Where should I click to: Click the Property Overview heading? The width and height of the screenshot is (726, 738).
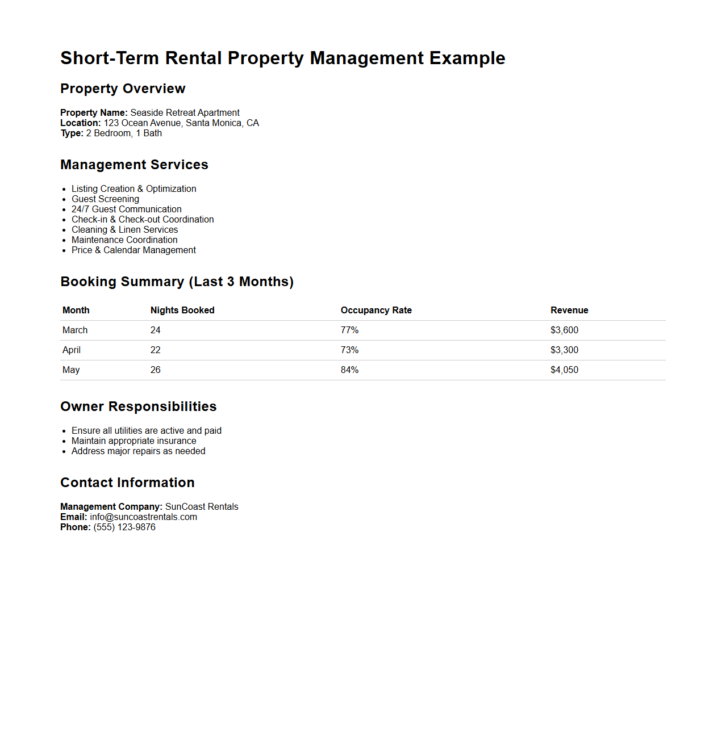click(x=123, y=89)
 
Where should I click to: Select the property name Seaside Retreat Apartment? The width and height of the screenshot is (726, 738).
click(x=185, y=112)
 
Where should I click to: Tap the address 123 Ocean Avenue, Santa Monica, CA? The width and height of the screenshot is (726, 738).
click(x=181, y=123)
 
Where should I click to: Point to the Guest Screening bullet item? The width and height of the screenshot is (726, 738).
click(x=105, y=199)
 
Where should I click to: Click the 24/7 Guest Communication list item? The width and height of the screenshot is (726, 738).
click(x=126, y=209)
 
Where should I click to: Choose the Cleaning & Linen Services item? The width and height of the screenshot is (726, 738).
click(x=124, y=229)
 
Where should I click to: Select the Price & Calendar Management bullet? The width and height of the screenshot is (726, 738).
click(x=133, y=250)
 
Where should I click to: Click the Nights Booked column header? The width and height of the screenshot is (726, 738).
click(x=182, y=310)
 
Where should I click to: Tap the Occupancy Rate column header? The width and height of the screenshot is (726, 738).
click(x=376, y=310)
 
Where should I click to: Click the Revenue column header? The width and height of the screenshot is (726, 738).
click(x=569, y=310)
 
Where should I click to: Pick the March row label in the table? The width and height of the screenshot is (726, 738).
click(x=75, y=330)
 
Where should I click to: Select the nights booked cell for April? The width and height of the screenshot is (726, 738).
click(x=156, y=350)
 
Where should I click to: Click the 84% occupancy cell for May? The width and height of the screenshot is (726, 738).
click(x=349, y=370)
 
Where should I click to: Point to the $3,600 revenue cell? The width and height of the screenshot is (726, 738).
click(x=564, y=330)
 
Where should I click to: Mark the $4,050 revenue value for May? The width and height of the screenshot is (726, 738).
click(x=564, y=370)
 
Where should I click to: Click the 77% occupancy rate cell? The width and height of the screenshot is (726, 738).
click(x=349, y=330)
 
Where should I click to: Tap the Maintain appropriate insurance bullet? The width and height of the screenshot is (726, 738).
click(x=133, y=441)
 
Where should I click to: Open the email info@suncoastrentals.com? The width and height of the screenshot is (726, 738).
click(x=143, y=517)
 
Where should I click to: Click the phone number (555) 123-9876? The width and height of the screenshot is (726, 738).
click(x=124, y=527)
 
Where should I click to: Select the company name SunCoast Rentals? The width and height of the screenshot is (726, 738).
click(x=202, y=506)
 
